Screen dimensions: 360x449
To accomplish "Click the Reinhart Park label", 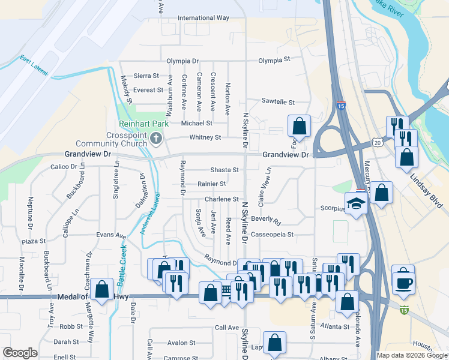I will [143, 124].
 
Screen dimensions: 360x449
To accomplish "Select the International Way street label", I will [203, 18].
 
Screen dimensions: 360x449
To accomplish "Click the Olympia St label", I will [274, 60].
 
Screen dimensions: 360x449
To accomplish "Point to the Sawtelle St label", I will [279, 102].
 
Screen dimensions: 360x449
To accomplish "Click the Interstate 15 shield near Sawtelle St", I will [340, 105].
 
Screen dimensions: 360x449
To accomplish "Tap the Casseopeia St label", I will [273, 235].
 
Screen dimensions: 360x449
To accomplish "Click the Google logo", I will [20, 353].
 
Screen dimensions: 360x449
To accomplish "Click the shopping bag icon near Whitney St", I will [299, 126].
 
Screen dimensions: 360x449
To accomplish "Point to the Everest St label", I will [148, 90].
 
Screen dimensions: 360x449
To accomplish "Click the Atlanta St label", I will [335, 327].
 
